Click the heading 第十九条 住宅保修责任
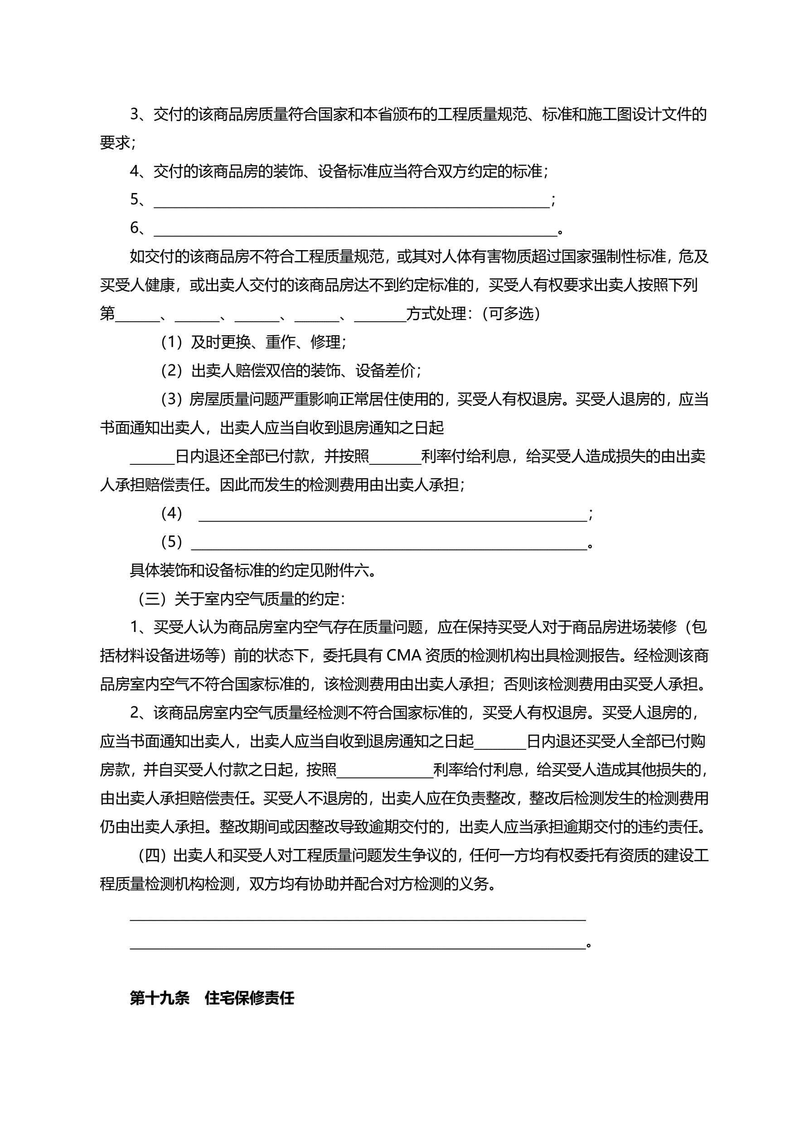(x=212, y=998)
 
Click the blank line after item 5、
(x=352, y=201)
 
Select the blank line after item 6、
(x=355, y=230)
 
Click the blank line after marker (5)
(x=388, y=543)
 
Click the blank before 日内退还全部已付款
(x=152, y=458)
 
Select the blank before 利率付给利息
(x=395, y=458)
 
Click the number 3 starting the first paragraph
(x=134, y=115)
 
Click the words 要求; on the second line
(x=117, y=143)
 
